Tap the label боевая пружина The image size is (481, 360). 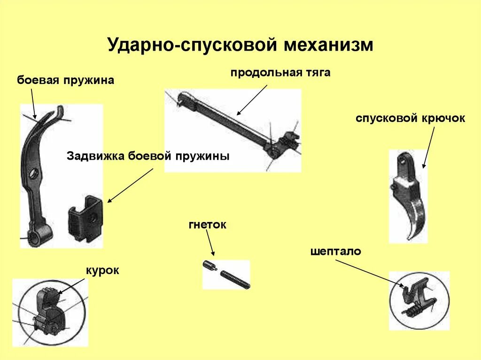pyautogui.click(x=66, y=80)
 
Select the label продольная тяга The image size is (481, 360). pyautogui.click(x=280, y=73)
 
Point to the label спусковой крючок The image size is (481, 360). pyautogui.click(x=410, y=118)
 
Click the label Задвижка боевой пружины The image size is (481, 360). pyautogui.click(x=148, y=156)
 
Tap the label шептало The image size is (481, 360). pyautogui.click(x=335, y=252)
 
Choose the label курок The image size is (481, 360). pyautogui.click(x=102, y=270)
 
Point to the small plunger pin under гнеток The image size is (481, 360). pyautogui.click(x=209, y=266)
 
